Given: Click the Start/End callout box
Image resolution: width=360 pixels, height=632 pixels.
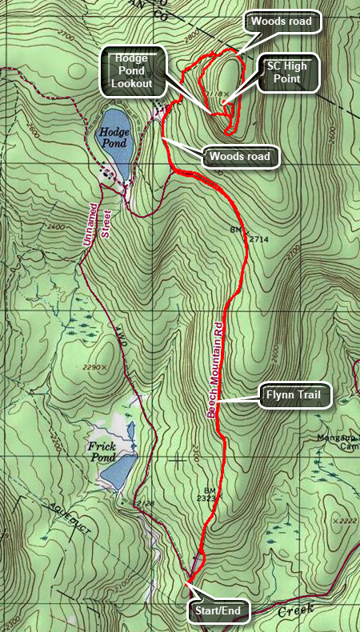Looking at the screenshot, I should click(218, 612).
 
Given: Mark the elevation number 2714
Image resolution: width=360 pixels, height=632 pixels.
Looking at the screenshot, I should click(254, 238).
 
